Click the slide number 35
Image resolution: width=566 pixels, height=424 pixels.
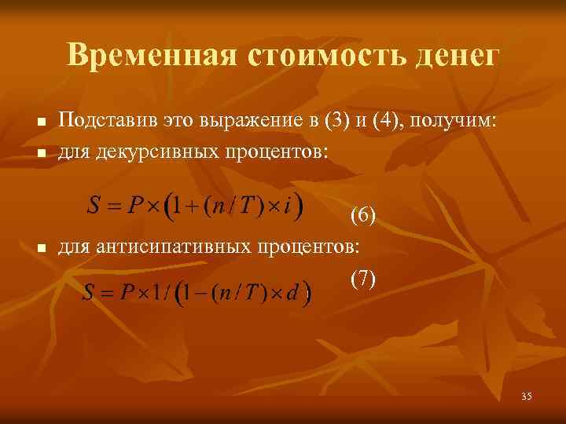pyautogui.click(x=526, y=397)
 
